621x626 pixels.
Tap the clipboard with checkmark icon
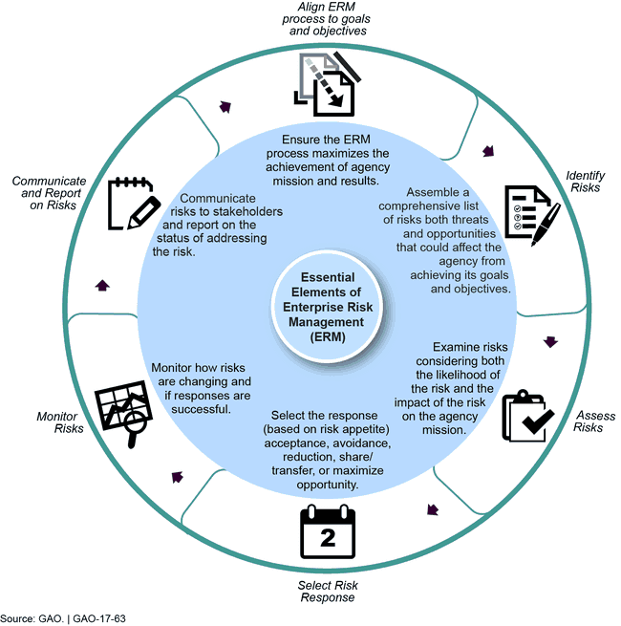point(527,417)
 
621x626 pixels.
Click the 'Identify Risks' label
point(583,182)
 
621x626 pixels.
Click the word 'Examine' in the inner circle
point(457,346)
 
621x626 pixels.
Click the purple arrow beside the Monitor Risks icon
point(176,476)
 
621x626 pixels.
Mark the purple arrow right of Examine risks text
point(549,341)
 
